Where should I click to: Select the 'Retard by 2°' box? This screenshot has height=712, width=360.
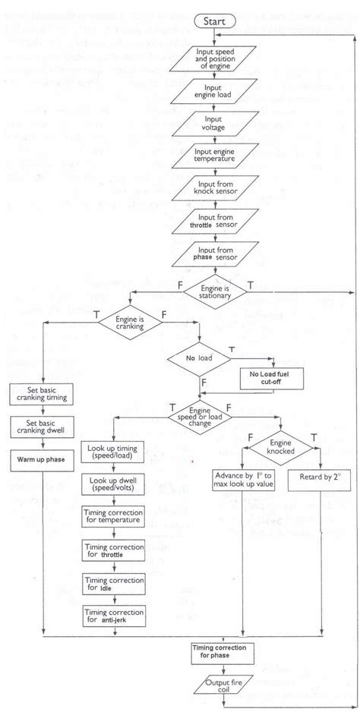319,481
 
